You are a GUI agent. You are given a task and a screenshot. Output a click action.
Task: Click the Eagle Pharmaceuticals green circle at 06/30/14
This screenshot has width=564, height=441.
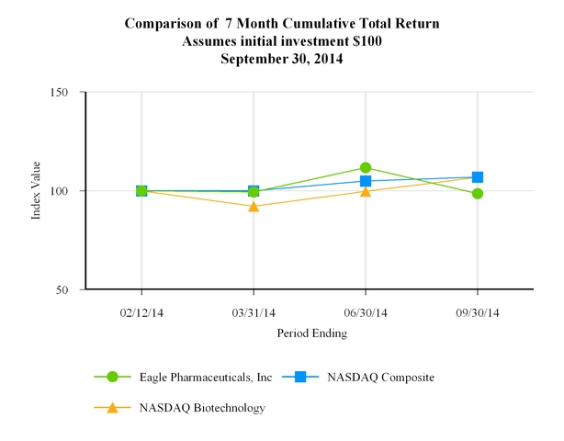(x=366, y=168)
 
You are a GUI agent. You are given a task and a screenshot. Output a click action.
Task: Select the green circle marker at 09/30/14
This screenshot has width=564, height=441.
(x=478, y=194)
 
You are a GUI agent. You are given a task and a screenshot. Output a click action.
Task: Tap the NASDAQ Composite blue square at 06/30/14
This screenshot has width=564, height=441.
(x=366, y=181)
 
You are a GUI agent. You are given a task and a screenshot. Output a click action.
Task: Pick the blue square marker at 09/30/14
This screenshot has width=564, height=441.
(x=478, y=177)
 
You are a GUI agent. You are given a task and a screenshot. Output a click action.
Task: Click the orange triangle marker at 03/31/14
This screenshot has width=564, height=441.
(x=254, y=206)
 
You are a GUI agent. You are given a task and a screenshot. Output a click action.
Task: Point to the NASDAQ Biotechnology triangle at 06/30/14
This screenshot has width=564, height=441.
(x=366, y=191)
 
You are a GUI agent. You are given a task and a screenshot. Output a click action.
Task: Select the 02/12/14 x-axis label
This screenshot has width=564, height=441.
(x=141, y=312)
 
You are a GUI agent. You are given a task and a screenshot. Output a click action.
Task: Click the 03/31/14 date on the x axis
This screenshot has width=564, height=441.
(x=254, y=312)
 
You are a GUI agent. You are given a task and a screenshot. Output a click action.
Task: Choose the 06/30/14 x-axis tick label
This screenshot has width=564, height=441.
(x=366, y=312)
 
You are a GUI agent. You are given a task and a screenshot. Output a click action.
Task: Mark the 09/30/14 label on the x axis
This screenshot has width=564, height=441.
(x=478, y=312)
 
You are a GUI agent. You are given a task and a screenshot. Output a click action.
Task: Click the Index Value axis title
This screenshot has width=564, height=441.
(x=37, y=191)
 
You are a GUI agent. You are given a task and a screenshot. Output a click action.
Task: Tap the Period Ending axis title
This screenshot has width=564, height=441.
(x=312, y=334)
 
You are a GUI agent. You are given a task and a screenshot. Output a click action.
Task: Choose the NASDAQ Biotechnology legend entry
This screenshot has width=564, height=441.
(x=202, y=407)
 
